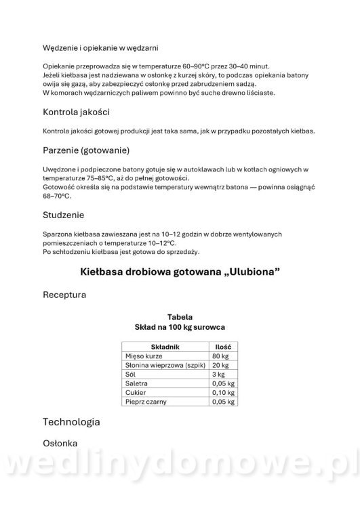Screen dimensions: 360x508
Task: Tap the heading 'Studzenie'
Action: pyautogui.click(x=63, y=215)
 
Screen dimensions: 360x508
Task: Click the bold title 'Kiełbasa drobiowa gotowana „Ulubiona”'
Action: pyautogui.click(x=180, y=272)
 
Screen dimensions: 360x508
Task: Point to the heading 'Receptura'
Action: pyautogui.click(x=64, y=295)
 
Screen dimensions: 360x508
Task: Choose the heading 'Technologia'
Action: pyautogui.click(x=71, y=421)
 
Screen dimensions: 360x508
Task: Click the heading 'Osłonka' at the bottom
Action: pyautogui.click(x=60, y=444)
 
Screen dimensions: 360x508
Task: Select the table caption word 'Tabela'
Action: pyautogui.click(x=180, y=316)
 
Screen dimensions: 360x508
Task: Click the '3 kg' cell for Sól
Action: pyautogui.click(x=218, y=374)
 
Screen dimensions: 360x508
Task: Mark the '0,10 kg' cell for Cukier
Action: pyautogui.click(x=223, y=392)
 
